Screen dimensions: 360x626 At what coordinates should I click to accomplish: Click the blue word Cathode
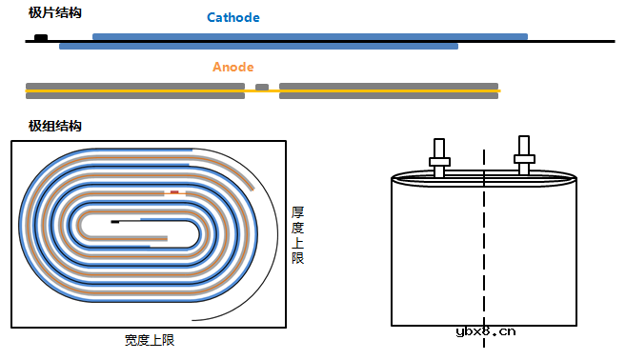pos(233,17)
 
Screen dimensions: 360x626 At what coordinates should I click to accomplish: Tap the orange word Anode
pos(232,68)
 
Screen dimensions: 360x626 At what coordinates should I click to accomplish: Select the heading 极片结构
pos(55,12)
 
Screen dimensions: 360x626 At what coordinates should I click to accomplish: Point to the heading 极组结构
pos(55,126)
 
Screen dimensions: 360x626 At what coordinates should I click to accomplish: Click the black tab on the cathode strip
pos(41,37)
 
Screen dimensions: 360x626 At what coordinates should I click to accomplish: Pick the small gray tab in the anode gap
pos(262,87)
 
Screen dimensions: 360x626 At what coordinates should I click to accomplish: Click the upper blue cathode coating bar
pos(310,37)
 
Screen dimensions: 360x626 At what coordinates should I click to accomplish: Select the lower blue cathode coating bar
pos(258,46)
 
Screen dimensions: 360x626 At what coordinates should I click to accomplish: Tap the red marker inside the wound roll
pos(174,191)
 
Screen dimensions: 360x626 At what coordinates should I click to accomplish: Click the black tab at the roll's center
pos(115,221)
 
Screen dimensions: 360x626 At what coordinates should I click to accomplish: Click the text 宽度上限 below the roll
pos(150,340)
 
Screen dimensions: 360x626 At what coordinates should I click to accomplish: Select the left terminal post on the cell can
pos(439,157)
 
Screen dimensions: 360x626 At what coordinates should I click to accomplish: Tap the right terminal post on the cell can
pos(523,155)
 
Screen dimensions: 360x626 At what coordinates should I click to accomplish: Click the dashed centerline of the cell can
pos(484,248)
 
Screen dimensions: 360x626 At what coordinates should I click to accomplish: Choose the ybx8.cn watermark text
pos(486,332)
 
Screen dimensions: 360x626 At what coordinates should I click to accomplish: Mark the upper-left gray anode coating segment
pos(134,85)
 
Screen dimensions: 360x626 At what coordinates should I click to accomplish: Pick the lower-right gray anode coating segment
pos(389,95)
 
